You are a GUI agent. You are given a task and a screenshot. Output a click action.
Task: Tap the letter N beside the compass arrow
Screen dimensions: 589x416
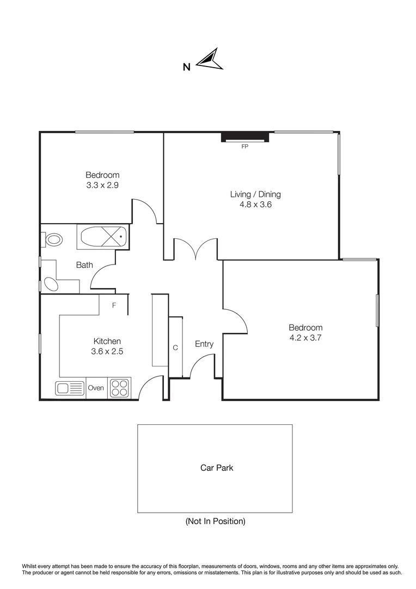(x=186, y=68)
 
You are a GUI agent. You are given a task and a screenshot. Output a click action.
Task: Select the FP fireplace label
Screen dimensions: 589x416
(x=245, y=146)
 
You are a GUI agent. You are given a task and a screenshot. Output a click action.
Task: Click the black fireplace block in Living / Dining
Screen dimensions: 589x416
(x=245, y=137)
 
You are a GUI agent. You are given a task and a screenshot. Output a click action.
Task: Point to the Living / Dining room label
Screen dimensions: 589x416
(x=255, y=194)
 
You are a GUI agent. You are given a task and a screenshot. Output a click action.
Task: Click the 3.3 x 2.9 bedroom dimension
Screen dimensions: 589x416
(x=102, y=185)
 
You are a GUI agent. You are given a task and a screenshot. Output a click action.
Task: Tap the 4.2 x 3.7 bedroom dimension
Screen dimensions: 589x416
(x=305, y=338)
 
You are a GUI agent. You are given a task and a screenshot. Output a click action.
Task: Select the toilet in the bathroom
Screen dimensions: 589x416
(x=52, y=239)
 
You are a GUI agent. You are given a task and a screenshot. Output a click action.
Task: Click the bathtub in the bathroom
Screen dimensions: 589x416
(x=103, y=238)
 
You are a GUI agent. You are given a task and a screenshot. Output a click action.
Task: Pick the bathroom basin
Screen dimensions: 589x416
(x=51, y=284)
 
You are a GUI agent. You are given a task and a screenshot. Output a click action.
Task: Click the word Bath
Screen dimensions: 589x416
(x=84, y=265)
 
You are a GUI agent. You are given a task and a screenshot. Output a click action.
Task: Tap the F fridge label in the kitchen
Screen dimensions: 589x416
(x=114, y=305)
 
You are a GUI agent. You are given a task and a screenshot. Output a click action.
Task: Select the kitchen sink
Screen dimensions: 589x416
(x=69, y=388)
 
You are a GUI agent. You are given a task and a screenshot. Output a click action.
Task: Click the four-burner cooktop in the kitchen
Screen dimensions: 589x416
(x=119, y=388)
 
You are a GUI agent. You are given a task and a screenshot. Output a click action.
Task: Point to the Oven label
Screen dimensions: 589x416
(x=96, y=388)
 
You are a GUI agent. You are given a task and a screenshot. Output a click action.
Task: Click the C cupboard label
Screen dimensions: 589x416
(x=175, y=347)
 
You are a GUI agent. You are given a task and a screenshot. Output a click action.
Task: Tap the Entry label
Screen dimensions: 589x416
(x=204, y=344)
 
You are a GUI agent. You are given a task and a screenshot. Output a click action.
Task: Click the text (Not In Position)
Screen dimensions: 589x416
(x=215, y=521)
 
